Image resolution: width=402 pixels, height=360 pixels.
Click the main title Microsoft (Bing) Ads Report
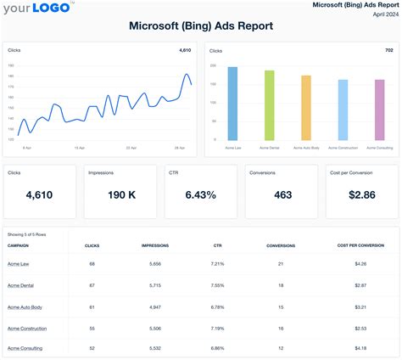tap(201, 25)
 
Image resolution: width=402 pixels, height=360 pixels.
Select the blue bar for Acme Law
tap(232, 104)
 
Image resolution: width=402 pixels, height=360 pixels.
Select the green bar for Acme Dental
tap(269, 105)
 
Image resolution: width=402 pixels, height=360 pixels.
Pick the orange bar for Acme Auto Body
tap(305, 108)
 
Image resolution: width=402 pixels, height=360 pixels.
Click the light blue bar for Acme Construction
tap(343, 110)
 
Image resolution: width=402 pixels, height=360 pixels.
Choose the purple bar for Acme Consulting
tap(379, 110)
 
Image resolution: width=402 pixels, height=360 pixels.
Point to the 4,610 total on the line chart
tap(186, 51)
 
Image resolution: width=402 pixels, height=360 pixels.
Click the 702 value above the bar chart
tap(388, 51)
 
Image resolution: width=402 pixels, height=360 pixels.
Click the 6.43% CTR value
tap(200, 195)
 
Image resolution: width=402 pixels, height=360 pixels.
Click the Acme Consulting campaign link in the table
tap(25, 348)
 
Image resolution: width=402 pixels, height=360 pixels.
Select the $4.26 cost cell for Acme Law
tap(360, 265)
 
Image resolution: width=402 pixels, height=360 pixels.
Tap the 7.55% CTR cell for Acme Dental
tap(217, 286)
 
